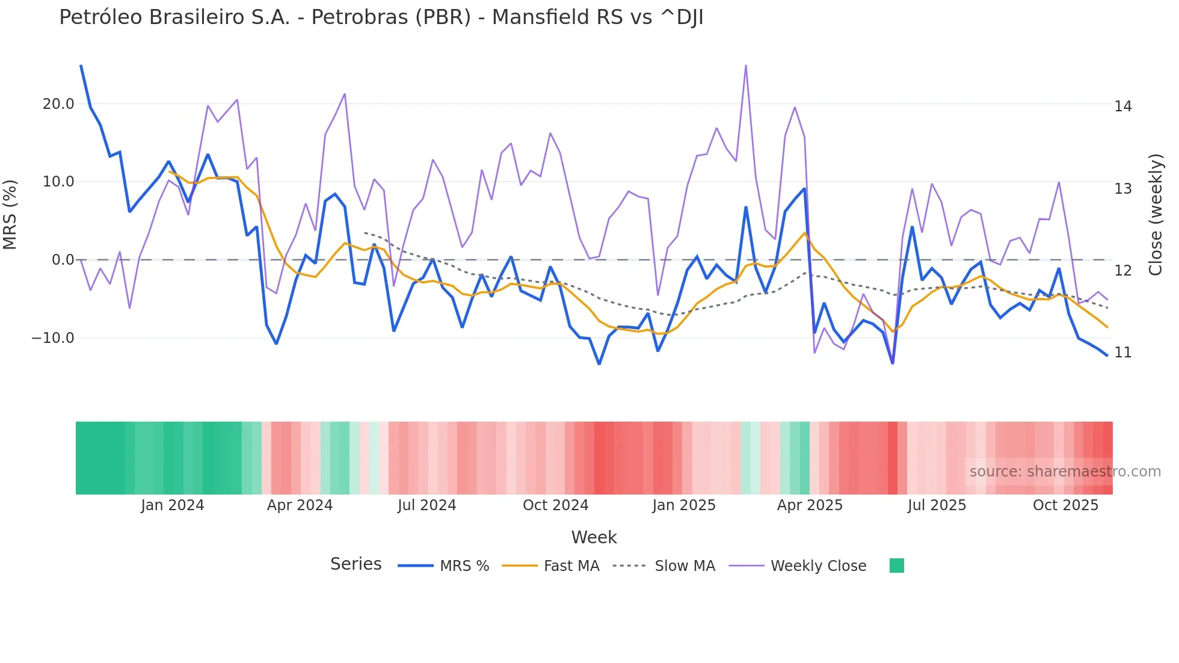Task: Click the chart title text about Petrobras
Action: pyautogui.click(x=381, y=17)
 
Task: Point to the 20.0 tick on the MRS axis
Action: pyautogui.click(x=58, y=104)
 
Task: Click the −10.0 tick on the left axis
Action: pyautogui.click(x=53, y=338)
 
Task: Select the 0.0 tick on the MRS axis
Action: pyautogui.click(x=63, y=260)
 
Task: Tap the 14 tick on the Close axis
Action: pyautogui.click(x=1122, y=106)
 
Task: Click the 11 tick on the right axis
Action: pyautogui.click(x=1122, y=353)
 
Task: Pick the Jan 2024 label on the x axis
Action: pyautogui.click(x=173, y=505)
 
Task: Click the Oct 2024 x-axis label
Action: pyautogui.click(x=555, y=505)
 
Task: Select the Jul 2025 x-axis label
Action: pyautogui.click(x=937, y=505)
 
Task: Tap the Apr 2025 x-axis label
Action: pyautogui.click(x=810, y=505)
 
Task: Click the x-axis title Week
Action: pyautogui.click(x=594, y=537)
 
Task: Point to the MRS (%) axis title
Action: pyautogui.click(x=10, y=214)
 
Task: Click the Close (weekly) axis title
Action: pyautogui.click(x=1155, y=214)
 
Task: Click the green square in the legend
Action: pyautogui.click(x=896, y=566)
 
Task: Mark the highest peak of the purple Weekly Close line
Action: pyautogui.click(x=746, y=66)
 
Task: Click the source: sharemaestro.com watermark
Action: pyautogui.click(x=1065, y=472)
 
